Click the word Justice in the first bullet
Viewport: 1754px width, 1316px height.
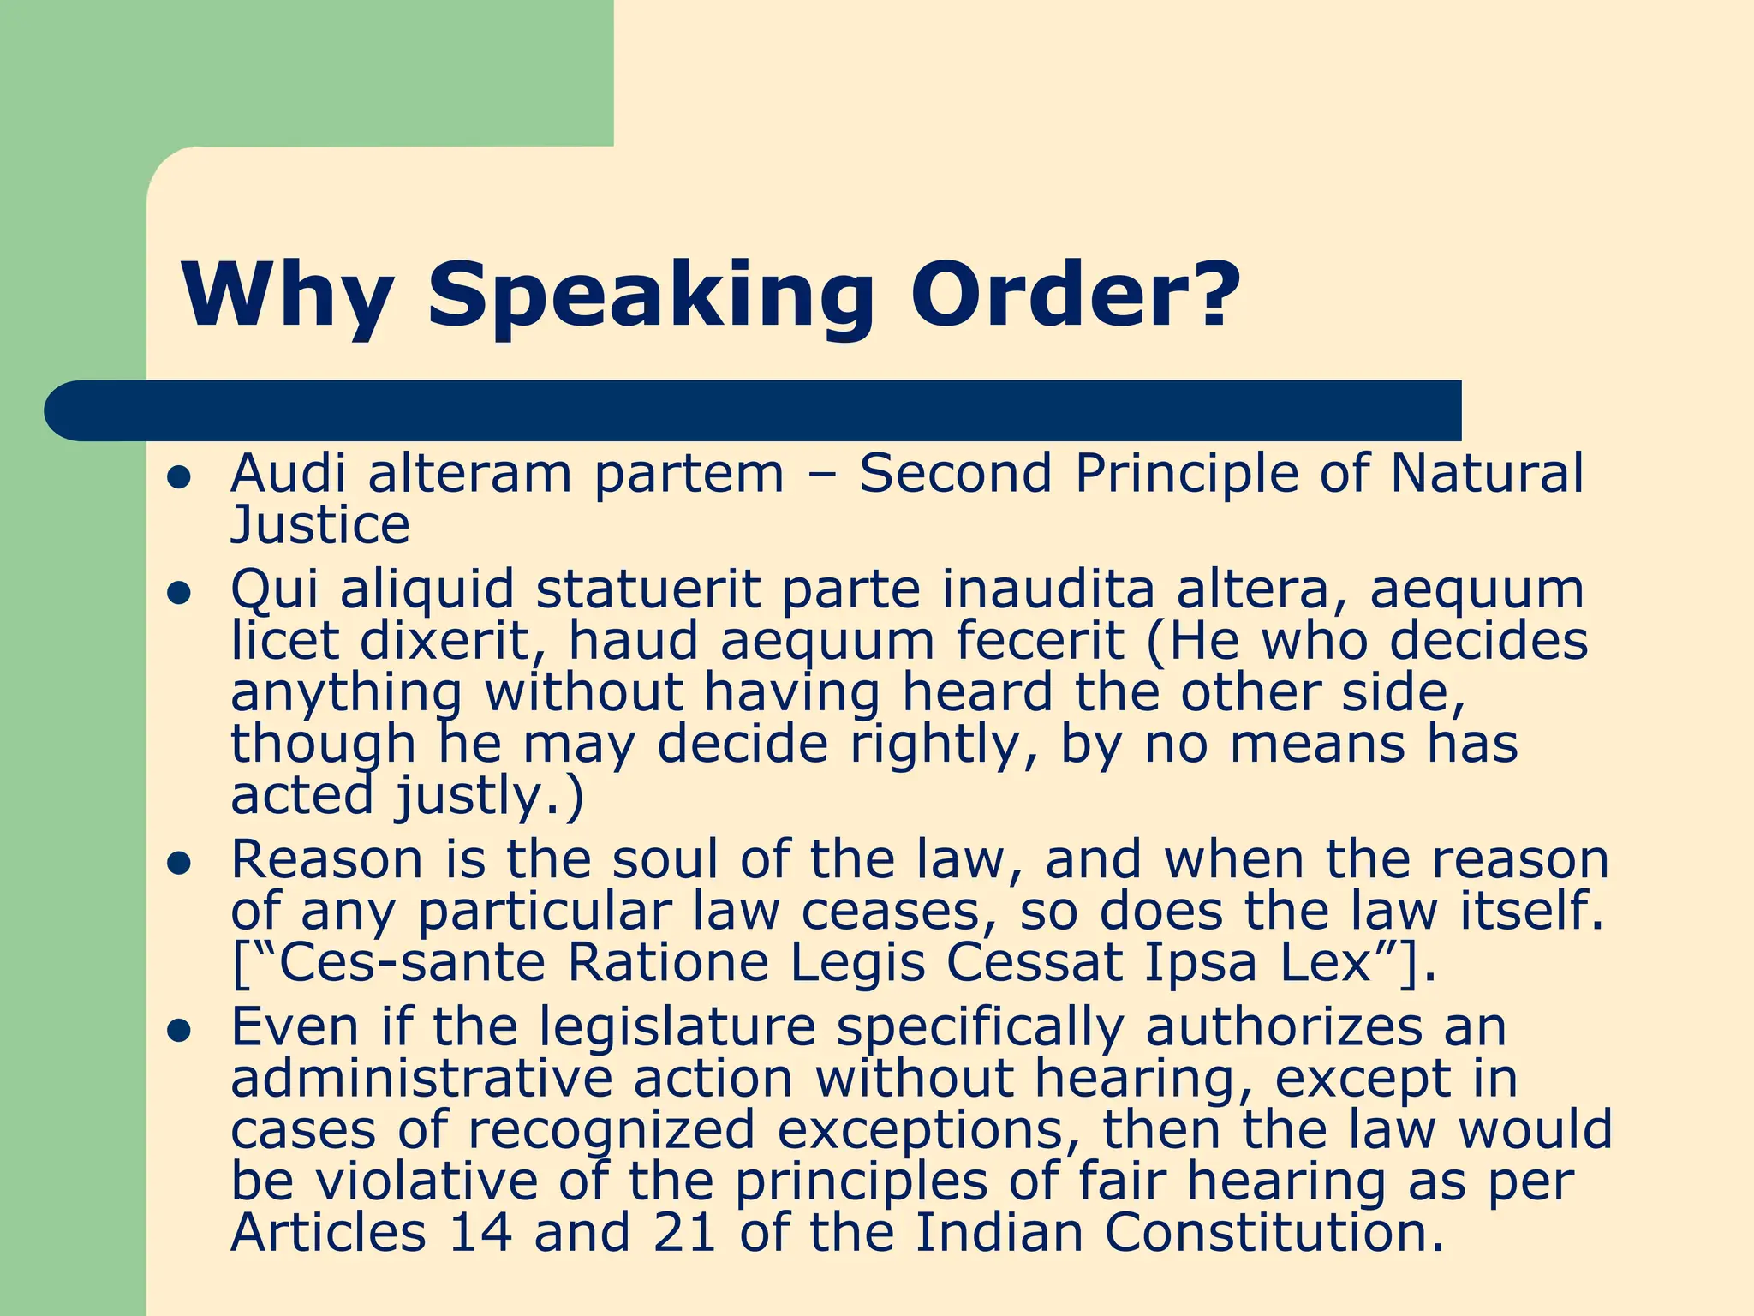click(x=320, y=524)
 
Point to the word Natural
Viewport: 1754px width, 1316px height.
click(x=1487, y=473)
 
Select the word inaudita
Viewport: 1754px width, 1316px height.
click(x=1048, y=589)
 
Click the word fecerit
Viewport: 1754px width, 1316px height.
click(x=1040, y=641)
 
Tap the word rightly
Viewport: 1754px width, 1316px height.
click(x=943, y=744)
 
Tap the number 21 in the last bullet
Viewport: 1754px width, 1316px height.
click(x=684, y=1232)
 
